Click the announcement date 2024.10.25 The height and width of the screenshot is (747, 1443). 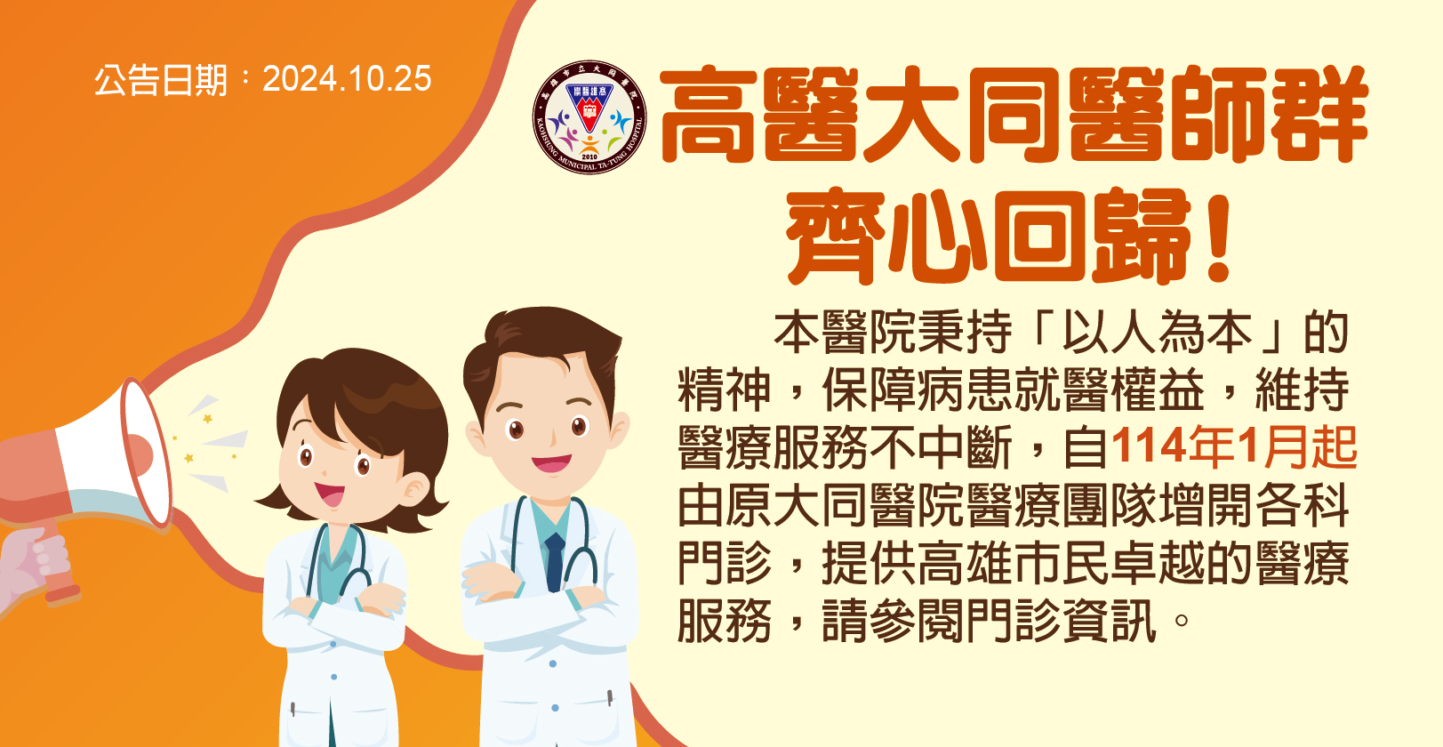[x=347, y=79]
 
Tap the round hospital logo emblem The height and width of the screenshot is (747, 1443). [x=589, y=117]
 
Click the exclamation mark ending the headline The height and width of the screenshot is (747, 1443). [x=1219, y=238]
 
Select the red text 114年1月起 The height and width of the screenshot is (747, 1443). [x=1234, y=446]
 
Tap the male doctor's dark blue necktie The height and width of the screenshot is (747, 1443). [x=554, y=562]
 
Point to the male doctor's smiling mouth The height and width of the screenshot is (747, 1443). [x=550, y=463]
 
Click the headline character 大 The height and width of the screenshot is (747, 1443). [x=914, y=115]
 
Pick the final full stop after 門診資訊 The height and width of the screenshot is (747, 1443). [x=1182, y=620]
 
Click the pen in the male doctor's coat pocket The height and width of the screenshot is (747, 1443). [x=609, y=697]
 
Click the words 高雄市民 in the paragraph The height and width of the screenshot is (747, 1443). [x=1014, y=563]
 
